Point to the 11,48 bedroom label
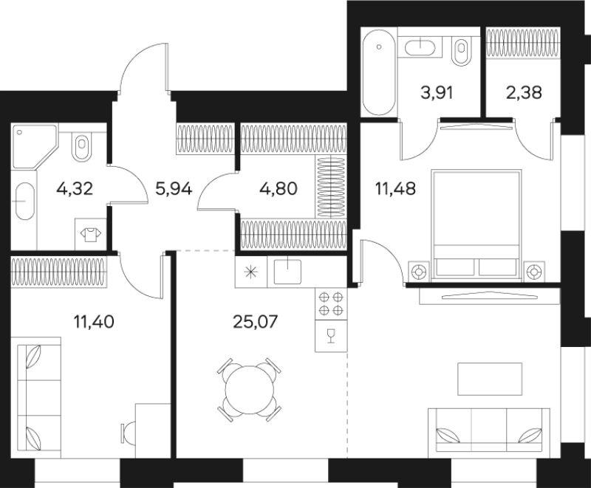click(396, 188)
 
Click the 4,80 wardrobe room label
click(278, 188)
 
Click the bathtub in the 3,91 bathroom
click(378, 71)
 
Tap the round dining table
click(249, 386)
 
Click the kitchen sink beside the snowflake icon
click(288, 272)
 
